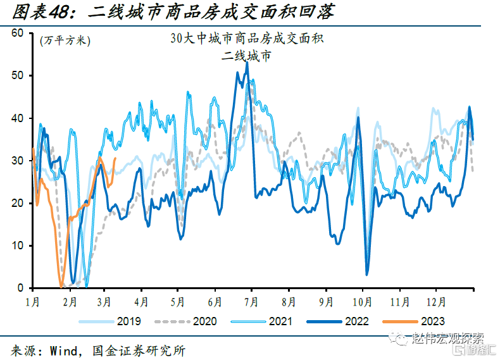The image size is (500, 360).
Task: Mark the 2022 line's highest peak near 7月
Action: [246, 63]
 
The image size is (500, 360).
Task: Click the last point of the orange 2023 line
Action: [115, 159]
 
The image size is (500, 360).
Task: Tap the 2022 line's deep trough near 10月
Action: [367, 274]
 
